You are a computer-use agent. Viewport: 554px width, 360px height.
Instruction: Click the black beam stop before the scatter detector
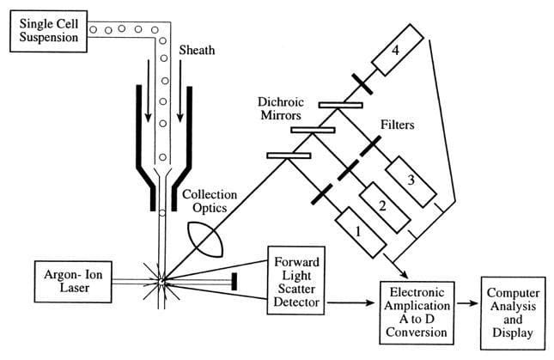pos(234,280)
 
